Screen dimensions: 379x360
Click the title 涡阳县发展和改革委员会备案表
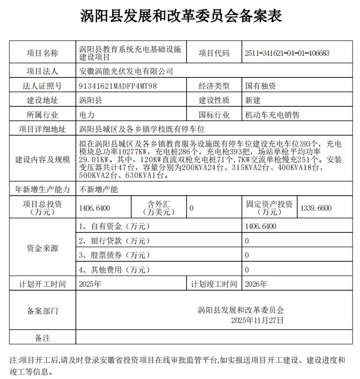pos(181,16)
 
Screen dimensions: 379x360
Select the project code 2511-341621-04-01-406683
pos(287,53)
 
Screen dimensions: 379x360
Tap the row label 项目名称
pos(42,53)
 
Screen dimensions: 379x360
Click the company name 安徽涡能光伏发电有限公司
pos(126,71)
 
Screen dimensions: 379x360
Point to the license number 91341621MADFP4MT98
pos(118,86)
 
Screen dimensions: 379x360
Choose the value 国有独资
pos(261,86)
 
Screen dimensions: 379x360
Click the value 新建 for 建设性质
pos(253,101)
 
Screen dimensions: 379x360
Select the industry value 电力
pos(86,115)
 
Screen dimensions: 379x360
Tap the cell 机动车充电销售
pos(272,115)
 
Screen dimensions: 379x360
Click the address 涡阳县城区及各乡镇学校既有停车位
pos(141,130)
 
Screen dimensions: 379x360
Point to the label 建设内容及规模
pos(42,160)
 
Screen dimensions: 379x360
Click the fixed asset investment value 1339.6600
pos(317,208)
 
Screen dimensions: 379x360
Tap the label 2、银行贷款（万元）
pos(115,241)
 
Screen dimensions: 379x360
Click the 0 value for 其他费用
pos(247,270)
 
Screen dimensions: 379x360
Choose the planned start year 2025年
pos(90,284)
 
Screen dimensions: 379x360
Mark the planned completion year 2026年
pos(256,284)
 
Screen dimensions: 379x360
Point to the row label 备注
pos(42,338)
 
